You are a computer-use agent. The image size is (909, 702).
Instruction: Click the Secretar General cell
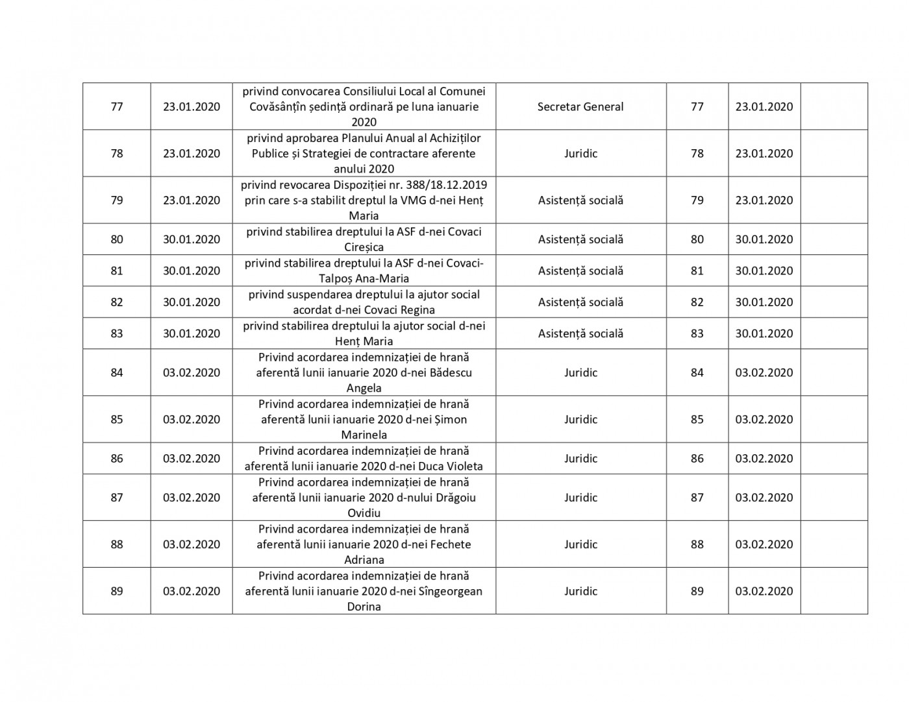[580, 107]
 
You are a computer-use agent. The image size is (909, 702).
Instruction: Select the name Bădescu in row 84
[451, 372]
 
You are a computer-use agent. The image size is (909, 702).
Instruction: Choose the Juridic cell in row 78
[580, 154]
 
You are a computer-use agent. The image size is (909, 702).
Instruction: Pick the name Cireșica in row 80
[364, 247]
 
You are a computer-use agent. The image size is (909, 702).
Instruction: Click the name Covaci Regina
[396, 309]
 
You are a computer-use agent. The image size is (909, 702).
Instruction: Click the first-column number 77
[117, 107]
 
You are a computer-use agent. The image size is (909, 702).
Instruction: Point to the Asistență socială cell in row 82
[580, 302]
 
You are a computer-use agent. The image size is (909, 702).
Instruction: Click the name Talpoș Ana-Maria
[364, 278]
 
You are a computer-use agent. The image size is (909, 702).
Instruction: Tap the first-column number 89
[117, 591]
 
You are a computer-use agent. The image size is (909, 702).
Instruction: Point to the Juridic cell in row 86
[580, 459]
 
